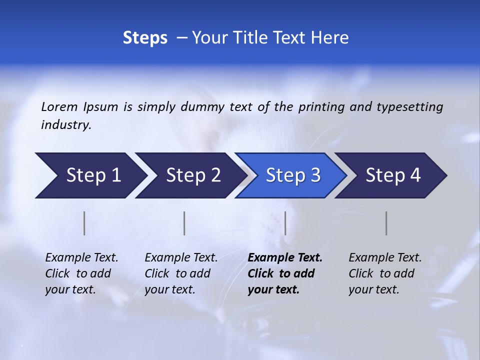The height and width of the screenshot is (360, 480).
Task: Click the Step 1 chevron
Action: pos(90,175)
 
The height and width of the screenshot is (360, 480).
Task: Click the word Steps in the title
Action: pos(145,38)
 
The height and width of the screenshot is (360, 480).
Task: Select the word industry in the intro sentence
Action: pos(65,125)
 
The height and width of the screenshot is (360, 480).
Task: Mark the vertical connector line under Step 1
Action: pos(84,223)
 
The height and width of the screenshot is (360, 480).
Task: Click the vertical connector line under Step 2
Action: pos(184,223)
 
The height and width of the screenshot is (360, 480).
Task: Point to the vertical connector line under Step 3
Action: pos(285,223)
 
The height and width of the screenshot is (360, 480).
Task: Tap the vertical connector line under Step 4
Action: pos(386,223)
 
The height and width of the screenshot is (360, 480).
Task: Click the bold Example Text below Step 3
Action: pos(285,258)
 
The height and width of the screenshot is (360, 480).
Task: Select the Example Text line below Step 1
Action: pos(81,258)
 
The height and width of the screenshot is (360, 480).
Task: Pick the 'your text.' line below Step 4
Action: pos(373,289)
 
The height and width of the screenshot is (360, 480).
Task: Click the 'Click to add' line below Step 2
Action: pos(177,273)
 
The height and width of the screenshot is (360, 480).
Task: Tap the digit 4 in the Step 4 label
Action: pos(415,175)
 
